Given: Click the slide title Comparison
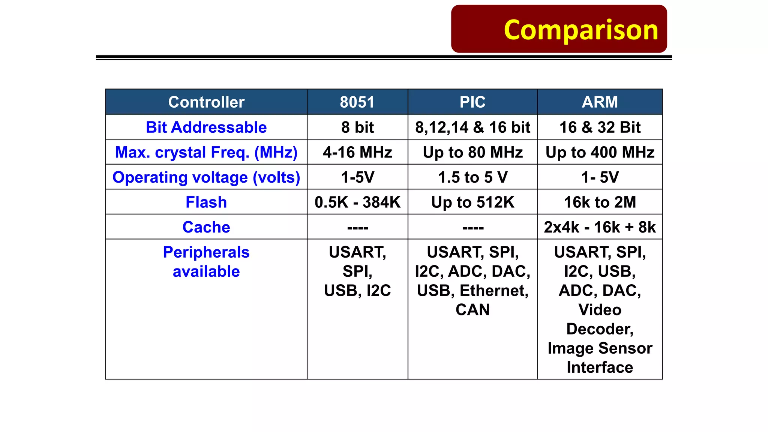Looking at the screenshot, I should coord(580,30).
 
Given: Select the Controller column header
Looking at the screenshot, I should coord(206,102).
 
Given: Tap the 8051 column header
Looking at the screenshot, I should coord(357,102).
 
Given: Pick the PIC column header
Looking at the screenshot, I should coord(472,102).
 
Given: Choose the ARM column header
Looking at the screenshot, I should coord(600,102).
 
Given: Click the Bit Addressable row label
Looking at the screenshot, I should coord(206,127).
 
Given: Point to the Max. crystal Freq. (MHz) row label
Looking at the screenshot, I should coord(206,152).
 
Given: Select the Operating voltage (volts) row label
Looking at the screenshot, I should coord(206,177).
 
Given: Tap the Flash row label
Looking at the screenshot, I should coord(206,202).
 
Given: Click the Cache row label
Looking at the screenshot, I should coord(206,227).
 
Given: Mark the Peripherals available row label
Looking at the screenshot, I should coord(206,262).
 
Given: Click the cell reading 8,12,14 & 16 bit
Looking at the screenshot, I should coord(472,127).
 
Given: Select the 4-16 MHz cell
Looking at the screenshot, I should coord(357,152).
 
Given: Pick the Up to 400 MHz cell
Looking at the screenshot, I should coord(600,152).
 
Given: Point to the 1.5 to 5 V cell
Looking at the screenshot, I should coord(472,177).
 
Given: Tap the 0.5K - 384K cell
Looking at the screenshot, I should coord(357,202).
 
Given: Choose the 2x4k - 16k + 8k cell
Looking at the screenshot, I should coord(600,227).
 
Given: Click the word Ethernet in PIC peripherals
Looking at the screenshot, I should coord(493,291).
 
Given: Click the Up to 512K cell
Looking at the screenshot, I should coord(472,202).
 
